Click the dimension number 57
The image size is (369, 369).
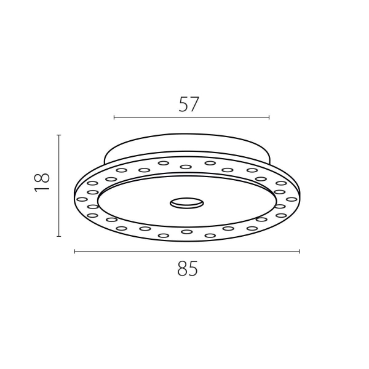point(189,105)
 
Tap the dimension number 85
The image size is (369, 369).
point(188,269)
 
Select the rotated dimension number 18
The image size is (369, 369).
point(42,183)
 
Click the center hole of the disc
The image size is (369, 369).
point(187,203)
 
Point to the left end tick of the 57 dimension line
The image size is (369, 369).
point(114,117)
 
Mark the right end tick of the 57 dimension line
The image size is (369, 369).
point(269,117)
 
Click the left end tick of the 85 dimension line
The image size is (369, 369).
point(74,252)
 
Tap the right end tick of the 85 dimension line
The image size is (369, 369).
point(300,252)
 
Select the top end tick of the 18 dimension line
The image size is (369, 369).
point(59,135)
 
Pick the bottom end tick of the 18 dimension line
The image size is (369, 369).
point(59,236)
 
